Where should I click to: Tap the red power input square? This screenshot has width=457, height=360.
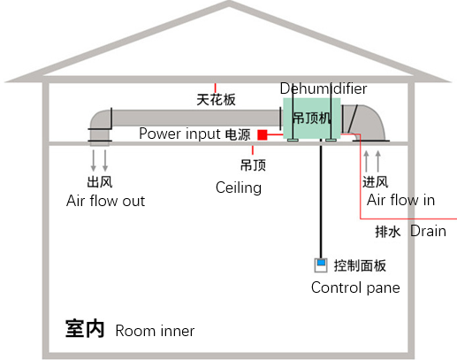(x=263, y=134)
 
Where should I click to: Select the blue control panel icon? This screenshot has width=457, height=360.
(x=320, y=264)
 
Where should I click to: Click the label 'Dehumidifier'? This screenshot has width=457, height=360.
(x=323, y=88)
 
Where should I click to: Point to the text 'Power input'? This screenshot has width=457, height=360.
(x=179, y=134)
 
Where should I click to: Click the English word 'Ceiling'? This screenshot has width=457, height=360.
(x=239, y=188)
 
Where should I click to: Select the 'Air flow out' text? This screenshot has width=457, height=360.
(x=105, y=201)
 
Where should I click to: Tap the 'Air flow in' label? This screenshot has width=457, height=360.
(x=400, y=200)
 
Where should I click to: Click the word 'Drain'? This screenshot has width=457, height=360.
(x=428, y=232)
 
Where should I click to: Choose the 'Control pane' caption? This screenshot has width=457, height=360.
(x=355, y=287)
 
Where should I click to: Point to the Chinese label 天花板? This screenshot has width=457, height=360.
(x=216, y=100)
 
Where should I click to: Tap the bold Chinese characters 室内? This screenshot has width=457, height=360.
(x=85, y=330)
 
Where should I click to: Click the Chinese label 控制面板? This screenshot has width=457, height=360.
(x=360, y=265)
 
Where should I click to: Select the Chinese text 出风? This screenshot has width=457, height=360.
(x=99, y=182)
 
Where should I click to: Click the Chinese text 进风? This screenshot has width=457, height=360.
(x=375, y=181)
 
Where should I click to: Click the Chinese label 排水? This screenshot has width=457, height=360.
(x=388, y=232)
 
